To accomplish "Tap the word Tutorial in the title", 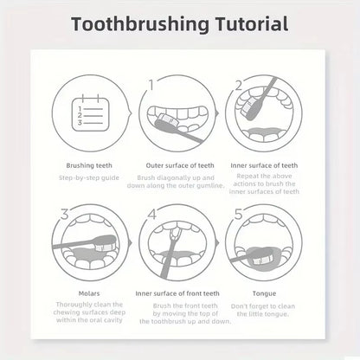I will point(250,23).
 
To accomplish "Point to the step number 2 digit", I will point(236,86).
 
